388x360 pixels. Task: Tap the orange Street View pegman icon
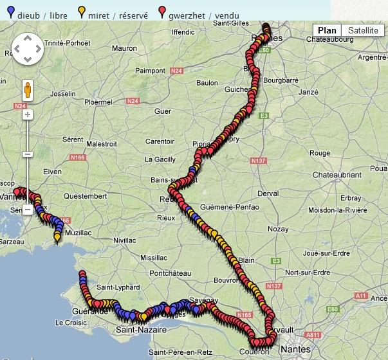pyautogui.click(x=28, y=89)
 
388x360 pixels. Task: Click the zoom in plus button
pyautogui.click(x=28, y=114)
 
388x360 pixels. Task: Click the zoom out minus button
pyautogui.click(x=28, y=154)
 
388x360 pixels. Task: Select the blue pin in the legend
pyautogui.click(x=8, y=11)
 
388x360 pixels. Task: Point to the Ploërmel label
pyautogui.click(x=98, y=102)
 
